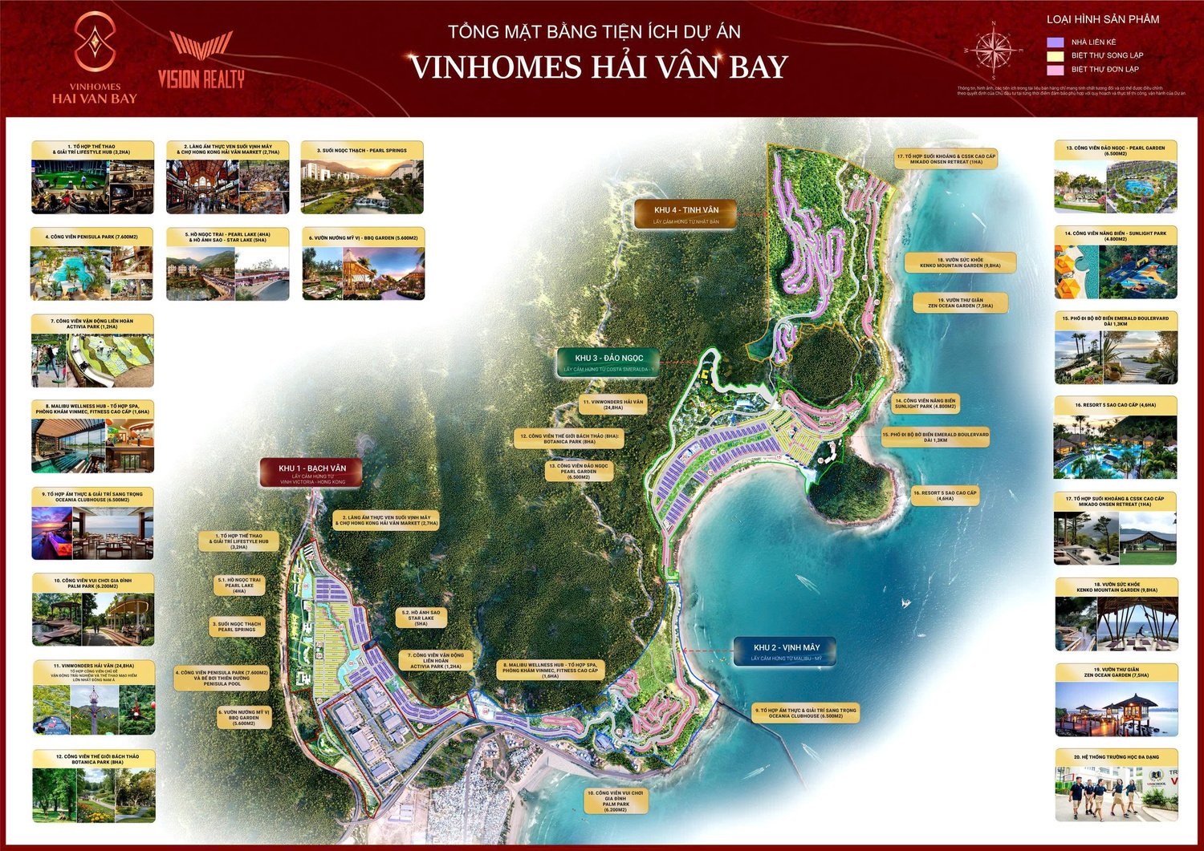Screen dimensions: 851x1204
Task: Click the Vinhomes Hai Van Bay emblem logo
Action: pos(95,42)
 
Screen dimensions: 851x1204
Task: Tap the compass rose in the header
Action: pos(994,50)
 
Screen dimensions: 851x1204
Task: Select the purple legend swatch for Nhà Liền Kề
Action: pos(1055,43)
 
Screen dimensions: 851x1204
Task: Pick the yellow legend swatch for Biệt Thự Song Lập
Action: pos(1055,56)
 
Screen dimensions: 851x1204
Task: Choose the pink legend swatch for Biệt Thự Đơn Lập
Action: pos(1055,70)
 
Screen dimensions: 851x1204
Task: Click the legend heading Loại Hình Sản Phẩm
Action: pos(1102,19)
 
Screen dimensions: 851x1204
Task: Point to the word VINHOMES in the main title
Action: pos(494,67)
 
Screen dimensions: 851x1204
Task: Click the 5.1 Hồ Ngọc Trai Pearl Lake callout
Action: pos(239,585)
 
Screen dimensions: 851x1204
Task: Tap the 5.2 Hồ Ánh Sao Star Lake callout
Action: pos(421,617)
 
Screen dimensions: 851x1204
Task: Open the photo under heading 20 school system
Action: pos(1116,793)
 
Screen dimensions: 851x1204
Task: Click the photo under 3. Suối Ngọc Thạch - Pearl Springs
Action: pos(362,185)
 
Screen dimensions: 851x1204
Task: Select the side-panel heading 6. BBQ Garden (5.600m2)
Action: pos(363,238)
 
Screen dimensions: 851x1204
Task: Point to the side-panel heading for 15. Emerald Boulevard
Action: pos(1116,321)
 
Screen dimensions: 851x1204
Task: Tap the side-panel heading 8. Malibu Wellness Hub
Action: pos(92,409)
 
